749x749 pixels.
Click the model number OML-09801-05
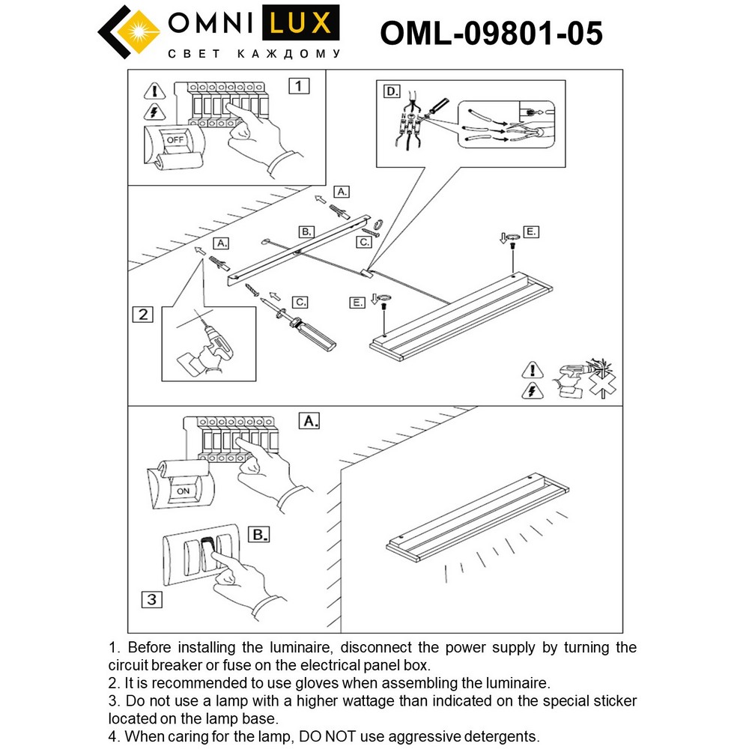tap(491, 33)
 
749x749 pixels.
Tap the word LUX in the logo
tap(300, 23)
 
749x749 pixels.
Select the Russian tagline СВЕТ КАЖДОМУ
tap(254, 54)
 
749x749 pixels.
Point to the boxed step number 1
tap(298, 85)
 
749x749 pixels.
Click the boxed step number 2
tap(142, 314)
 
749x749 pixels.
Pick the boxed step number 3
tap(151, 599)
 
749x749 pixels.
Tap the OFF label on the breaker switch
tap(175, 140)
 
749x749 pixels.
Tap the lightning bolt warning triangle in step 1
tap(154, 112)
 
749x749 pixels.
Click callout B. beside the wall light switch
tap(258, 535)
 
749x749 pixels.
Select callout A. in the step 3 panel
tap(309, 422)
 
